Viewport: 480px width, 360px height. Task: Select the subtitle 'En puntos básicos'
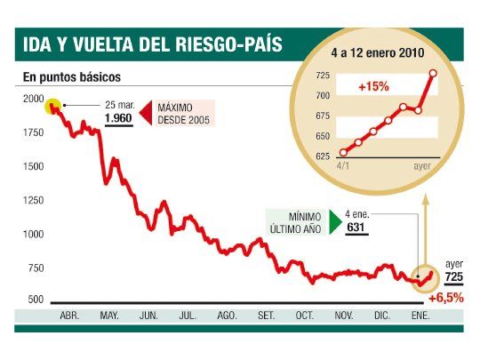coord(72,77)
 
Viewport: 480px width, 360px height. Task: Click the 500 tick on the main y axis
coord(34,300)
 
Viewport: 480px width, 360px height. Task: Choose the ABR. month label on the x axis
coord(70,316)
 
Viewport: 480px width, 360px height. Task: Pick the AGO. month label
coord(226,316)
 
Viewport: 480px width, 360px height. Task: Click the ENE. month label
coord(420,316)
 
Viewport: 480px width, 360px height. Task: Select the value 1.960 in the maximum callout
coord(119,117)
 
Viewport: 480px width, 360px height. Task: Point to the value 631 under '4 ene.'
coord(356,228)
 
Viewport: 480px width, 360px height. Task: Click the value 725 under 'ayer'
coord(452,278)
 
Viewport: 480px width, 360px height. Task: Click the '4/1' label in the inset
coord(343,165)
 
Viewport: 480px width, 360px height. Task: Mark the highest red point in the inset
coord(433,73)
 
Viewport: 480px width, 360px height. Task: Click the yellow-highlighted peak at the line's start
coord(54,107)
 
